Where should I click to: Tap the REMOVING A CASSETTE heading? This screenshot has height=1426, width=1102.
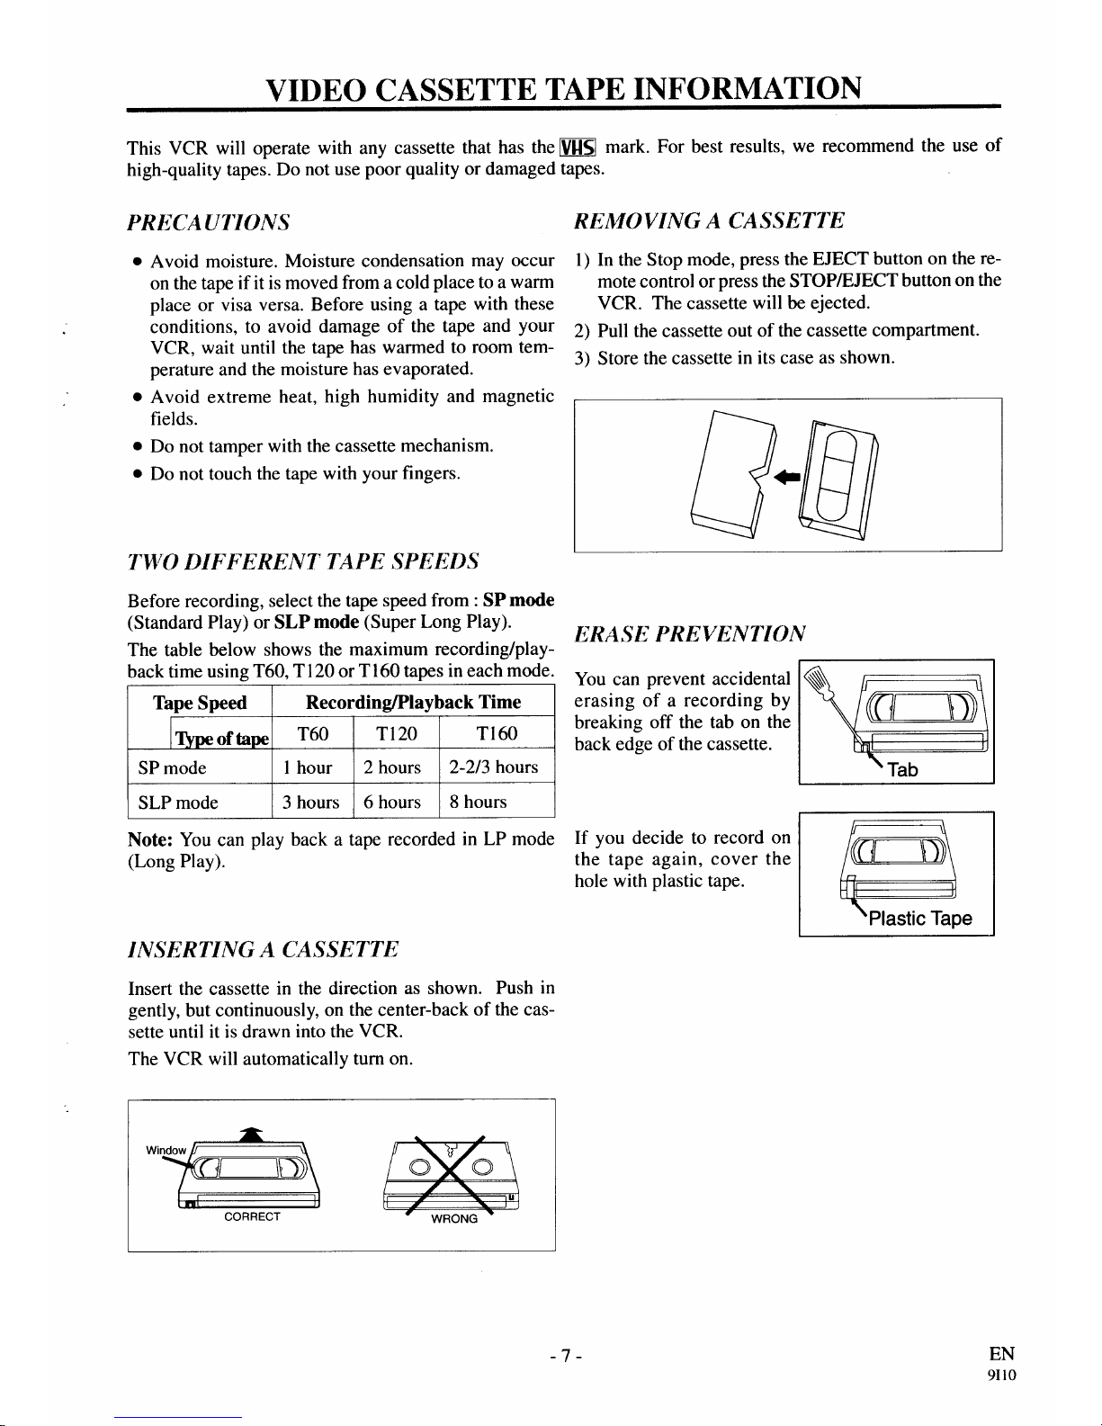[710, 221]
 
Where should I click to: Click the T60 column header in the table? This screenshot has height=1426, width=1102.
[312, 734]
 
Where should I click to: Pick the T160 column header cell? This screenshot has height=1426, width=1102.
[497, 734]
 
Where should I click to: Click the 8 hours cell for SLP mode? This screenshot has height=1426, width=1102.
[486, 802]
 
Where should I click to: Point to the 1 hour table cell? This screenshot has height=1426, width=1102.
[308, 767]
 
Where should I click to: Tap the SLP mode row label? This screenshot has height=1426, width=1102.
[178, 802]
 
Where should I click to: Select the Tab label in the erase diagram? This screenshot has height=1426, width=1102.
[902, 769]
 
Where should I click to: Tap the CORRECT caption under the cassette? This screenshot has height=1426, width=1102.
[252, 1216]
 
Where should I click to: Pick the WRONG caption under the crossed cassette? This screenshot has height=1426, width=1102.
[454, 1219]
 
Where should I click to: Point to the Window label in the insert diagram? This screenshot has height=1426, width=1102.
[166, 1150]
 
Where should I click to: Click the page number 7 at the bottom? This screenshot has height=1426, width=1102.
[562, 1354]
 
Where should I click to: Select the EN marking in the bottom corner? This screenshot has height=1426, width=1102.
[1000, 1354]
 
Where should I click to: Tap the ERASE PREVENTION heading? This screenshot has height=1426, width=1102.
[690, 632]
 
